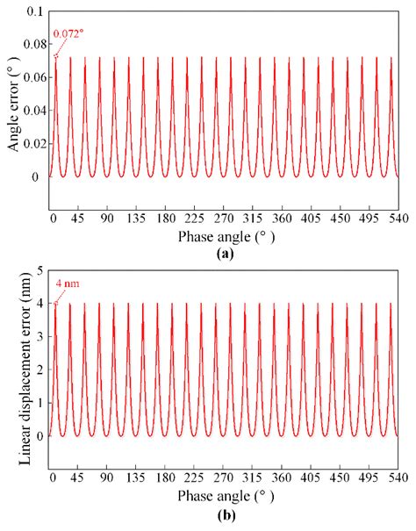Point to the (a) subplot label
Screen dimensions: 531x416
click(x=223, y=253)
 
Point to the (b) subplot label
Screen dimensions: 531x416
click(x=223, y=513)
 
